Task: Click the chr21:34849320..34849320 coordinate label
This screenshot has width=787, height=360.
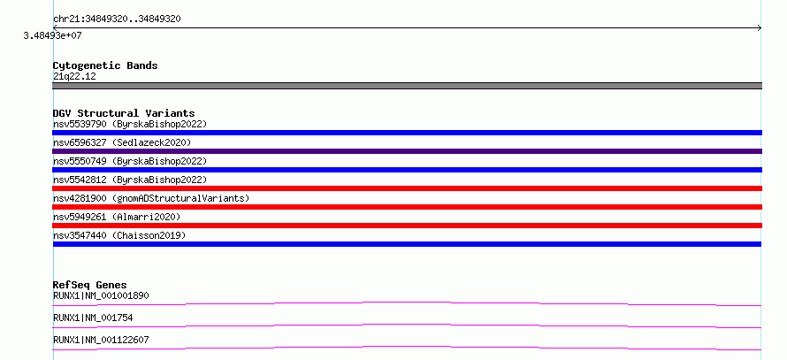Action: [x=117, y=19]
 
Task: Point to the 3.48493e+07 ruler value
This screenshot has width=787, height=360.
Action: [x=52, y=36]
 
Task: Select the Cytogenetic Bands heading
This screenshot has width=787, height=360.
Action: [x=105, y=65]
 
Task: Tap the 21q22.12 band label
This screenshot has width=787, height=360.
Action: [x=74, y=77]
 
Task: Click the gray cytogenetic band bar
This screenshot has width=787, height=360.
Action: [x=407, y=86]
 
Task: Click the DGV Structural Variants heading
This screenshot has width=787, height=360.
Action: [x=124, y=113]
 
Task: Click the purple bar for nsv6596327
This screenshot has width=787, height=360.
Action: [x=407, y=151]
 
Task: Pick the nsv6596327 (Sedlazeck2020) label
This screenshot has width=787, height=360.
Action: [x=122, y=142]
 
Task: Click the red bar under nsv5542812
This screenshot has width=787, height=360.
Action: [x=407, y=188]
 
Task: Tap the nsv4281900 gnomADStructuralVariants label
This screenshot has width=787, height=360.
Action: [x=151, y=198]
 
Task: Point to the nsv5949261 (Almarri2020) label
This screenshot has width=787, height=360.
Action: [x=117, y=217]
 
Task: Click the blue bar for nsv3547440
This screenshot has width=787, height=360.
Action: [x=407, y=244]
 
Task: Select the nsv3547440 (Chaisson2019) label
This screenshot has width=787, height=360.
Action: [x=119, y=235]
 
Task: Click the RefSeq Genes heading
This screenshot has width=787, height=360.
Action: [x=90, y=285]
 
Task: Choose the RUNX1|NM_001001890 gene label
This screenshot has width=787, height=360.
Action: [x=101, y=295]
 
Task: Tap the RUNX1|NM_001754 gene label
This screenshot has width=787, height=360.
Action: [x=93, y=318]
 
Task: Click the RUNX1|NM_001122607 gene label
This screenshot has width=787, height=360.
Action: [x=101, y=340]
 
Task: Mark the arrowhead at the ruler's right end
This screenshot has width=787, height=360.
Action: [x=761, y=28]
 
